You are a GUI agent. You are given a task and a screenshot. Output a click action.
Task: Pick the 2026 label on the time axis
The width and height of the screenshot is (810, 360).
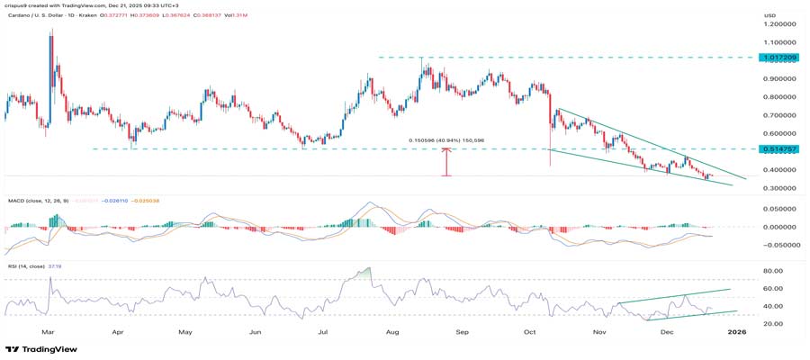click(737, 332)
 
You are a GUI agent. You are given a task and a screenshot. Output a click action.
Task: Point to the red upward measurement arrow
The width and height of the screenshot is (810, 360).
click(446, 162)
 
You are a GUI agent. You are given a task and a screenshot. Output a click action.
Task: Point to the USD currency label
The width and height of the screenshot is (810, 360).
click(769, 15)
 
